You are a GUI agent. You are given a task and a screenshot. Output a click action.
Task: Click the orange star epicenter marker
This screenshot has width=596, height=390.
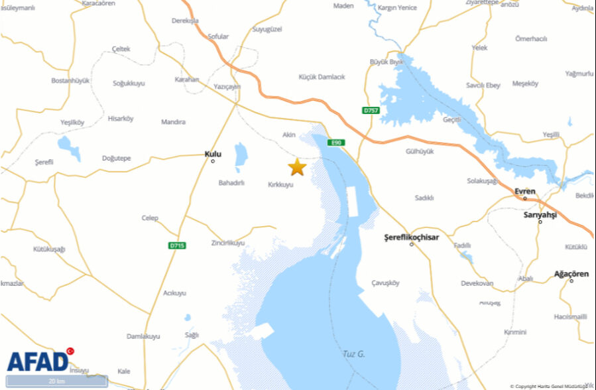coord(297,167)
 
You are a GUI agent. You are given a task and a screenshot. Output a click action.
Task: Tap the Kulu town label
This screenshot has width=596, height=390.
coord(213,154)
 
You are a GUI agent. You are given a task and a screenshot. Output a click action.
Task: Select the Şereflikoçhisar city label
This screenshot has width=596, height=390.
coord(412,237)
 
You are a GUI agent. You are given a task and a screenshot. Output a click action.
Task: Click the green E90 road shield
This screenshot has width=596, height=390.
coord(336,142)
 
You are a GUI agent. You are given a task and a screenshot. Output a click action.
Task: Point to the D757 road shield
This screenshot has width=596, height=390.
coord(371,110)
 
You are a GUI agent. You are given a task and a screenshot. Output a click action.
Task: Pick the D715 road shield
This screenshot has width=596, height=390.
coord(176,245)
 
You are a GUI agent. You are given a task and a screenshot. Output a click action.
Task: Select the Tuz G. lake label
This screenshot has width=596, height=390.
coord(354,354)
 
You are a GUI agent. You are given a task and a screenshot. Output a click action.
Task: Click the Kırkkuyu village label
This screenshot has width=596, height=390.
coord(280,184)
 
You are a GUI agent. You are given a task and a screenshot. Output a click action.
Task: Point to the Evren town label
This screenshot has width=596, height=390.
coord(525,191)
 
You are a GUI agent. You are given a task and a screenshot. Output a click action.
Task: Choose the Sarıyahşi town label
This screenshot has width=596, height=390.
coord(540,215)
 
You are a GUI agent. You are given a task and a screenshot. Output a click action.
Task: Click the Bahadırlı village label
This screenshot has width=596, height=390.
coord(232,182)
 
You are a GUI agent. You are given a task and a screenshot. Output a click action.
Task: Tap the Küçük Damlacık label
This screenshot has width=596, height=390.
coord(322,77)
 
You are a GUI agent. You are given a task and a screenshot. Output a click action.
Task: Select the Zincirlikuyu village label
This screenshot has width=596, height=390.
coord(227,243)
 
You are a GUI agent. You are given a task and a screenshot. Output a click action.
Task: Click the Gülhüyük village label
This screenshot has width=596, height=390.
coord(420,151)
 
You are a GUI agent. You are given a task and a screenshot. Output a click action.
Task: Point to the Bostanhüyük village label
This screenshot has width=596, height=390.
coord(70,80)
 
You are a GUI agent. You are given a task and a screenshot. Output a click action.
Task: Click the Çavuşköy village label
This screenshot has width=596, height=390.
coord(386,283)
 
